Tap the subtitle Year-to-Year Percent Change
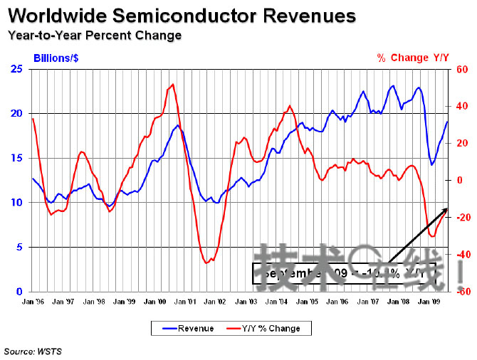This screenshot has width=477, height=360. coord(94,35)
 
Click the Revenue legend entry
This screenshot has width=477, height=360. coord(190,328)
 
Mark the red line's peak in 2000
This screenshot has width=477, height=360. coord(172,85)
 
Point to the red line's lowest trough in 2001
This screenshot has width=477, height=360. coord(206,263)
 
